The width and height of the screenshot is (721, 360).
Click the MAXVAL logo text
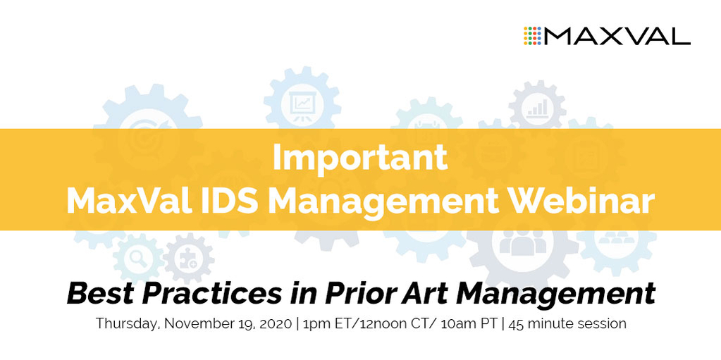tap(617, 35)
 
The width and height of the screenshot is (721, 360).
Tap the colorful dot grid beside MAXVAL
tap(533, 36)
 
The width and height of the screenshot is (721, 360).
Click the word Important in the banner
tap(360, 158)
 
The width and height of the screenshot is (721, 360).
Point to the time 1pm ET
tap(328, 325)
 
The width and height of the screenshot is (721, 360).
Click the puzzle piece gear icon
tap(187, 259)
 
